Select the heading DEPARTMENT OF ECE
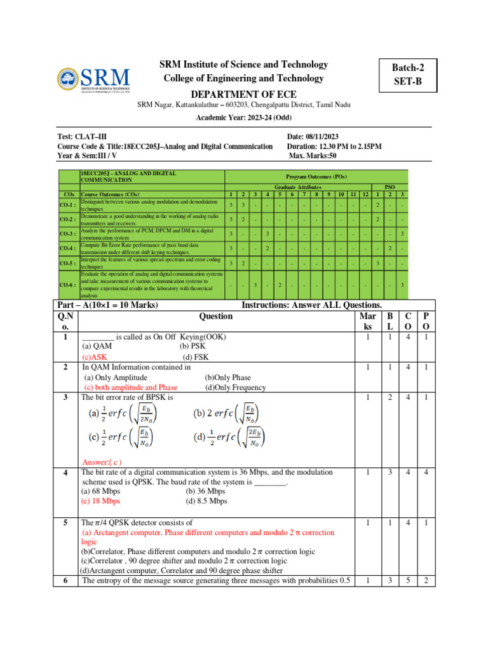point(245,93)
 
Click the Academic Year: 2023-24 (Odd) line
point(245,118)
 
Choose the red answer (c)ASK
point(95,357)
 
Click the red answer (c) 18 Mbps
point(101,501)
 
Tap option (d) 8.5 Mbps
point(207,501)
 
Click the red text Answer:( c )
point(102,461)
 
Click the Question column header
point(215,315)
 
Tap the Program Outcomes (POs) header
point(316,176)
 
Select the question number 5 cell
point(65,523)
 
